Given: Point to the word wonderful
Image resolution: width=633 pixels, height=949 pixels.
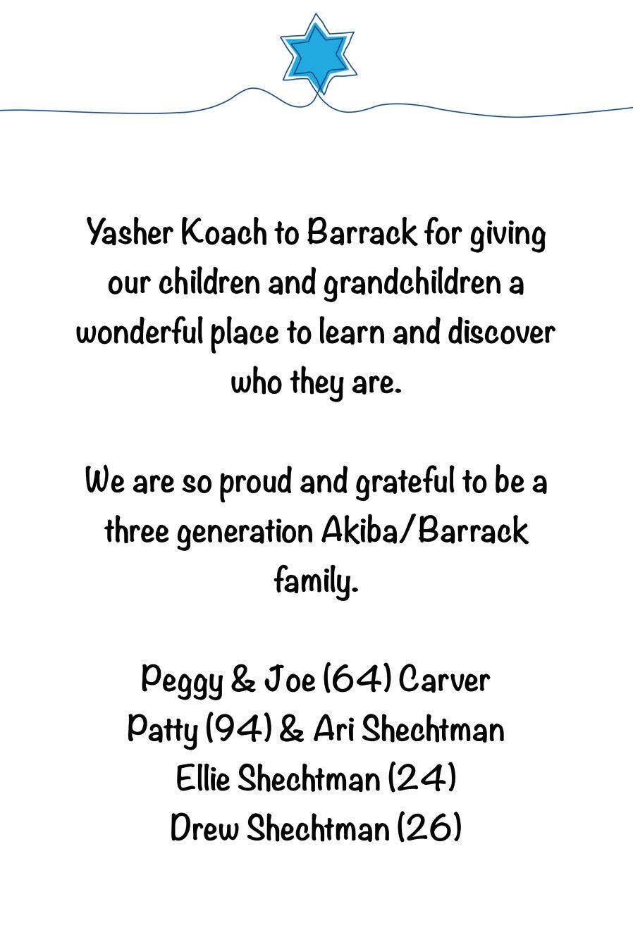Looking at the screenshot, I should point(140,333).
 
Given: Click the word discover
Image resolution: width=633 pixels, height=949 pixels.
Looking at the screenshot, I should point(501,333).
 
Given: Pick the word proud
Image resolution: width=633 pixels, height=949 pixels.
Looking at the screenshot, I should point(255,483).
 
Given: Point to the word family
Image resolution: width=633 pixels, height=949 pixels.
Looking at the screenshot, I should point(316,582).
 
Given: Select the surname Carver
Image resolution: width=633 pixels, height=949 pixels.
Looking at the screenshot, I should point(443,680).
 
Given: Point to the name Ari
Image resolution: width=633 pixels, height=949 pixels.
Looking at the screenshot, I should point(336,729).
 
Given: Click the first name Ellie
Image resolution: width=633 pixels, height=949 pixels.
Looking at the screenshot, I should point(202,779).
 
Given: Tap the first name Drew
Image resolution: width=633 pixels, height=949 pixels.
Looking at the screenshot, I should point(205,828).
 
